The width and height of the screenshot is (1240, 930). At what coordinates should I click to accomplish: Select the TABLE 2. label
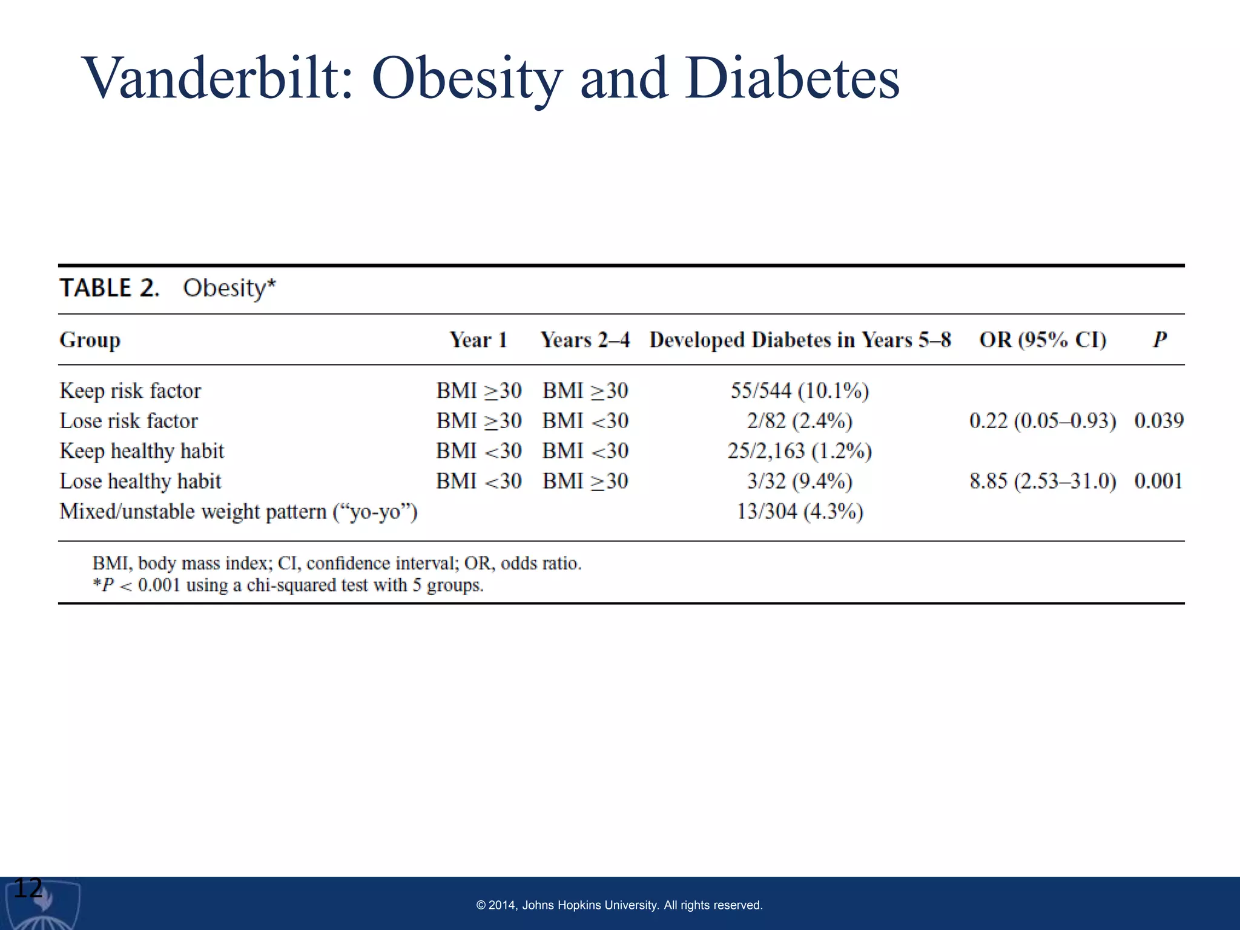[x=110, y=288]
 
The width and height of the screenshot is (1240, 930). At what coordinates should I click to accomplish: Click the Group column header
[x=90, y=340]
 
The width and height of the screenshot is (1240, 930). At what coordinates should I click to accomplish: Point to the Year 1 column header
[x=478, y=340]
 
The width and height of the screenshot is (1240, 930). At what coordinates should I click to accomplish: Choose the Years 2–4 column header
[x=585, y=340]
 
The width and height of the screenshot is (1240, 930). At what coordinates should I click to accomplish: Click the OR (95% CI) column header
[x=1043, y=340]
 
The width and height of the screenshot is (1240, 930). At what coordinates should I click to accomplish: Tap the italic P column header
[x=1159, y=340]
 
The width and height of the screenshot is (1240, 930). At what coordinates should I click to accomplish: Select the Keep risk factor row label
[x=130, y=391]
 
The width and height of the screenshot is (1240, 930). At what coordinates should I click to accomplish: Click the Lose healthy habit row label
[x=140, y=481]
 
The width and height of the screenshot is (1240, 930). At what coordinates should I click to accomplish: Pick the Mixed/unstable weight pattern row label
[x=239, y=512]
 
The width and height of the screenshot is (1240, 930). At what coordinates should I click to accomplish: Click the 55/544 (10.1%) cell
[x=800, y=391]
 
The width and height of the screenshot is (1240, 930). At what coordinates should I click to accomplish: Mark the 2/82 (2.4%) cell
[x=800, y=421]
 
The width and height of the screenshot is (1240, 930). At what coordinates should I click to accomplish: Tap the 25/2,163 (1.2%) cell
[x=800, y=451]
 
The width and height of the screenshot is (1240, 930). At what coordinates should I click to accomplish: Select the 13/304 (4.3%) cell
[x=800, y=512]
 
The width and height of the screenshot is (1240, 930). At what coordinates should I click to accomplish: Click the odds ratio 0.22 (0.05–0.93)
[x=1043, y=421]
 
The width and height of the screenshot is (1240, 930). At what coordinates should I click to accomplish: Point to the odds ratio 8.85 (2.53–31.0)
[x=1043, y=481]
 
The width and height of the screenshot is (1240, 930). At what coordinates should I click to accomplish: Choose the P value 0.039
[x=1159, y=421]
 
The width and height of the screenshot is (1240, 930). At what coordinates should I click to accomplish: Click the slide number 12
[x=28, y=889]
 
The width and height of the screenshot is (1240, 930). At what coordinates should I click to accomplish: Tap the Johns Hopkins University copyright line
[x=619, y=905]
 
